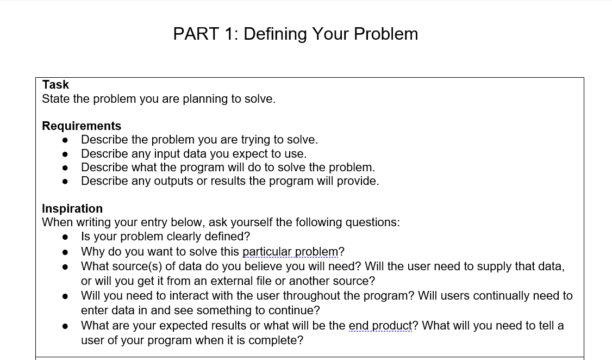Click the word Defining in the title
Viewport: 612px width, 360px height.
276,34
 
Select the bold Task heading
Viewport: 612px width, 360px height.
55,84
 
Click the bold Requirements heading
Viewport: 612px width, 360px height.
82,126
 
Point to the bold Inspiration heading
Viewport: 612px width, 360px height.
72,208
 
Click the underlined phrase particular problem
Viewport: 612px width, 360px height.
290,251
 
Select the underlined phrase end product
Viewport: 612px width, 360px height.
380,325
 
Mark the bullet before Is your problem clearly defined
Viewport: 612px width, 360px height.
65,237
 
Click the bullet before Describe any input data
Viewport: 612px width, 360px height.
65,154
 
